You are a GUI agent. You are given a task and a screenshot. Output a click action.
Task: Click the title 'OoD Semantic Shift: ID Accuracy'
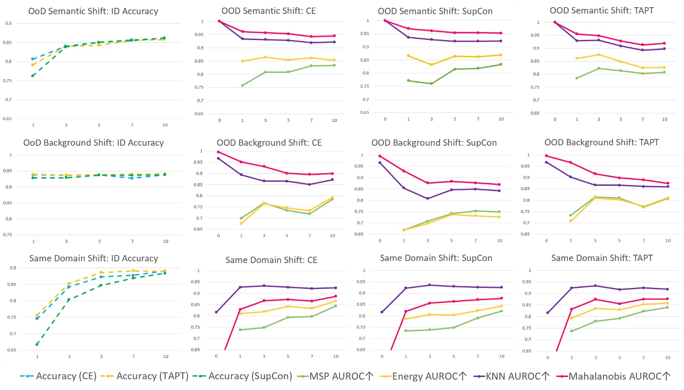point(93,11)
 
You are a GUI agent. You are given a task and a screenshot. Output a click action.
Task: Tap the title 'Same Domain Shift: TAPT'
point(602,258)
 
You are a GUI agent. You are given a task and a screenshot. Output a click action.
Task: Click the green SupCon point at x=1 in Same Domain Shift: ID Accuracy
point(37,344)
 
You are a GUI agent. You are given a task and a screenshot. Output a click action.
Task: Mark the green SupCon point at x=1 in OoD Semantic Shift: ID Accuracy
point(33,76)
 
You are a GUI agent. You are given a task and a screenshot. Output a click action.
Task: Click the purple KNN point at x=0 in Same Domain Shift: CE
point(216,312)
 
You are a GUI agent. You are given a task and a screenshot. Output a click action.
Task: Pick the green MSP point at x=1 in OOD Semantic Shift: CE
point(242,85)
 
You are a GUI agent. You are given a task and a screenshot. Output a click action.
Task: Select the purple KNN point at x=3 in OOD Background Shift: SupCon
point(428,198)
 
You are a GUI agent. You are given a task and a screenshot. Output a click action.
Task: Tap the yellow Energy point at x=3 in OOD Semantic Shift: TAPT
point(598,54)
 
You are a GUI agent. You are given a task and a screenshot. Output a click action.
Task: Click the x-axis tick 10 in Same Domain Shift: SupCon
point(502,356)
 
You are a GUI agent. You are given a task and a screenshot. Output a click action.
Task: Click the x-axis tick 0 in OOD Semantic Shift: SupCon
point(385,119)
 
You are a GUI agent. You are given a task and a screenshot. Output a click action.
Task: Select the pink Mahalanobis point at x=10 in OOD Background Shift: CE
point(332,173)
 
